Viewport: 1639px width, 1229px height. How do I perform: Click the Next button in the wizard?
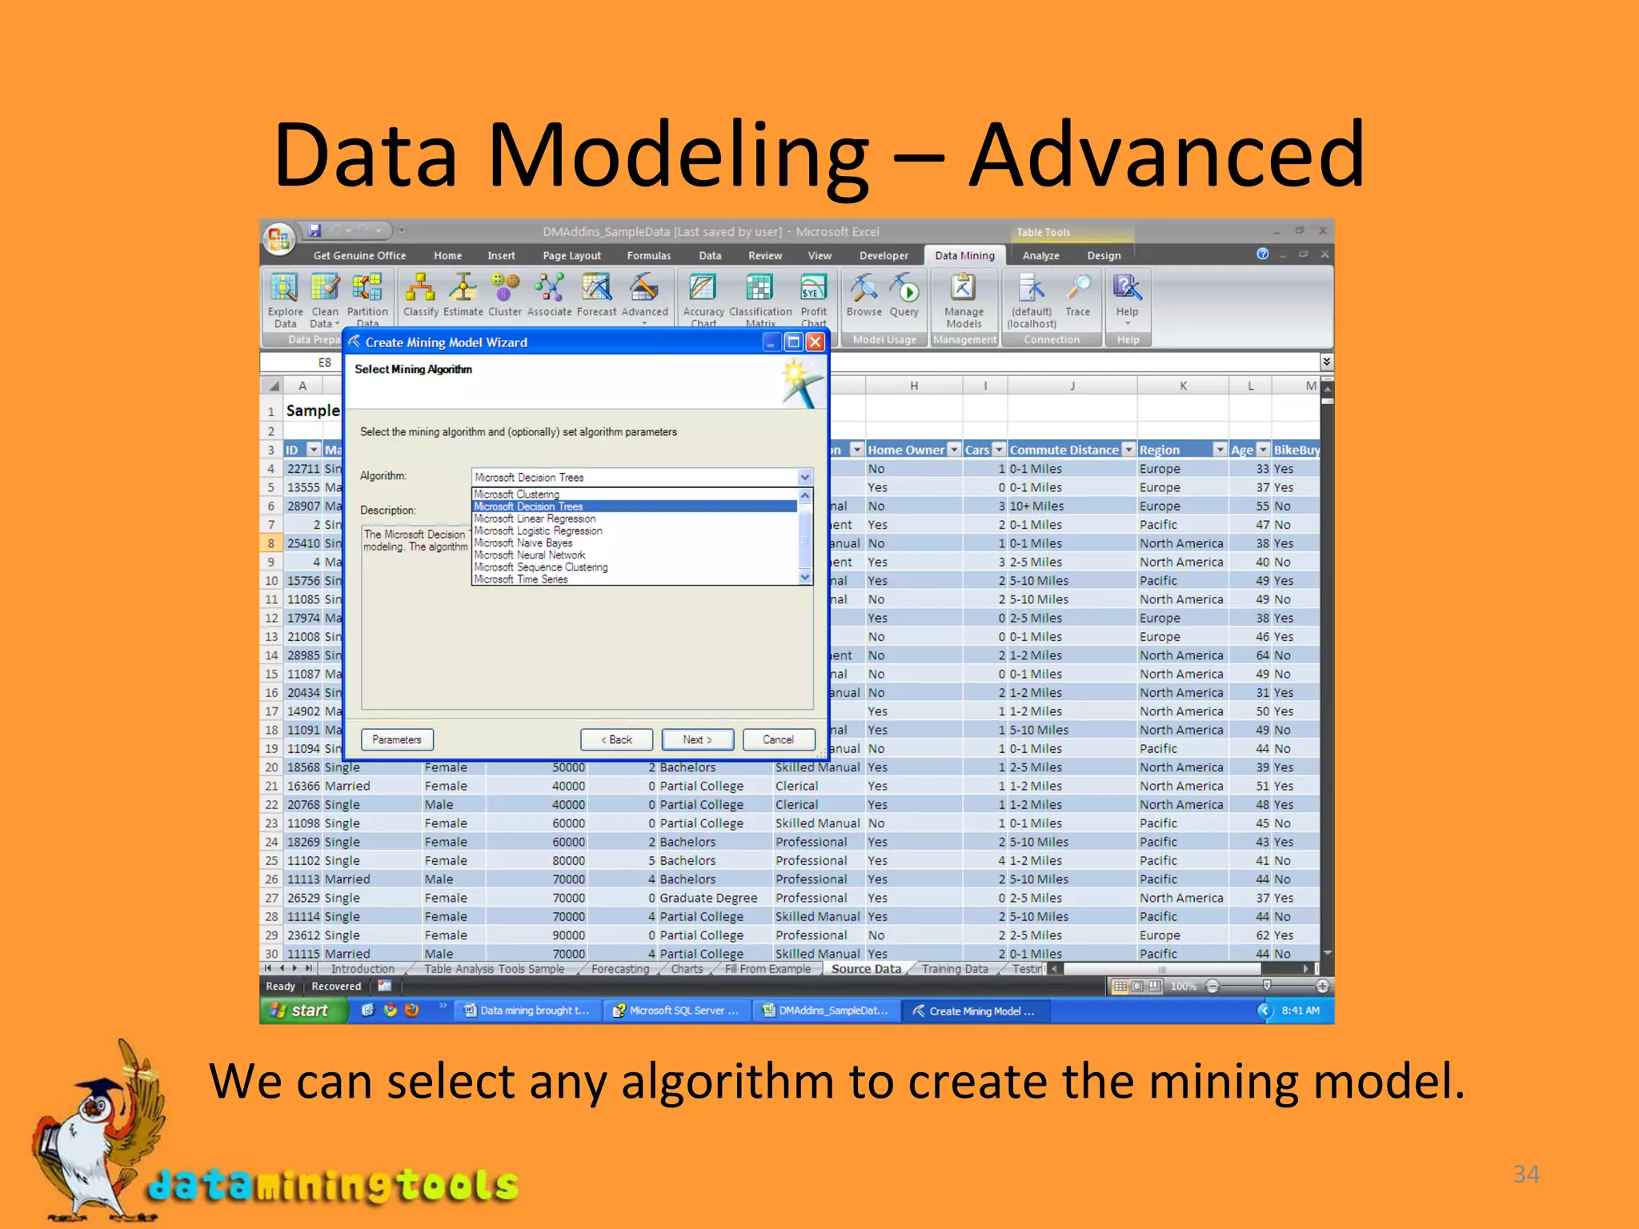[697, 740]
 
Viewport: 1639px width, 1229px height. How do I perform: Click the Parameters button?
[397, 740]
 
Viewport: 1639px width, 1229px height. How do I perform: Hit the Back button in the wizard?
[616, 740]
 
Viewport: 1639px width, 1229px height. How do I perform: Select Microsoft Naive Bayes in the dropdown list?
[523, 543]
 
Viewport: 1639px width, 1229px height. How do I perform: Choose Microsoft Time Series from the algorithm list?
[521, 579]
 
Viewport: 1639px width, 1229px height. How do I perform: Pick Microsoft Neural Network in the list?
[530, 555]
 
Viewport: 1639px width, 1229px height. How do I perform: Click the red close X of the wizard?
[815, 342]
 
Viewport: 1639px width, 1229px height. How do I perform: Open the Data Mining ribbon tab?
[964, 256]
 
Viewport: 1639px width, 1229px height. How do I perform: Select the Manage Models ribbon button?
[964, 299]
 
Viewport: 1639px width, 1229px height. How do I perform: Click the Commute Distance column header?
[1064, 450]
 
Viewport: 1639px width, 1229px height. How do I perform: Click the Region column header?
[1160, 450]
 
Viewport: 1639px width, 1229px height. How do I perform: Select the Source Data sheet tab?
[866, 969]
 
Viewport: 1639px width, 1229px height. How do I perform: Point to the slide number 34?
[1526, 1174]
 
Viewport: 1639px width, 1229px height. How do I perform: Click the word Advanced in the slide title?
[1166, 155]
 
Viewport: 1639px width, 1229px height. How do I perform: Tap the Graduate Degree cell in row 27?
[708, 898]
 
